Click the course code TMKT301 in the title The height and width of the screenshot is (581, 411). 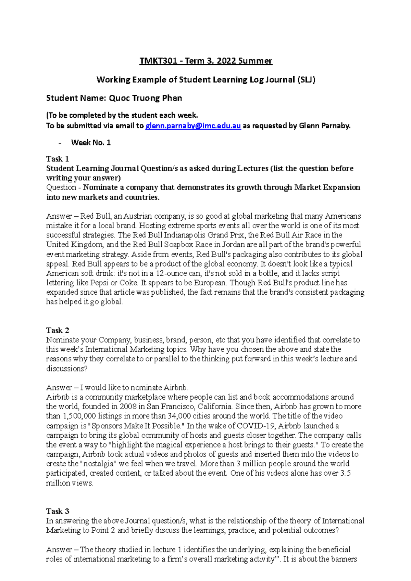click(x=158, y=61)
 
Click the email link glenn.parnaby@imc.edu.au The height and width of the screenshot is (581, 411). click(x=193, y=126)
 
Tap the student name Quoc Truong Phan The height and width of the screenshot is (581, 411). click(x=145, y=98)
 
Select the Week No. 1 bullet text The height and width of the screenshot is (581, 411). click(x=91, y=143)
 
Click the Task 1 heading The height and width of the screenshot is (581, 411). click(x=58, y=159)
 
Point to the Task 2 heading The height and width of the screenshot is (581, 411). click(x=58, y=330)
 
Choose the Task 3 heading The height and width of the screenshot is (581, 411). click(x=58, y=511)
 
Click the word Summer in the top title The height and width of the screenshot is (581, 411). click(x=255, y=61)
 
